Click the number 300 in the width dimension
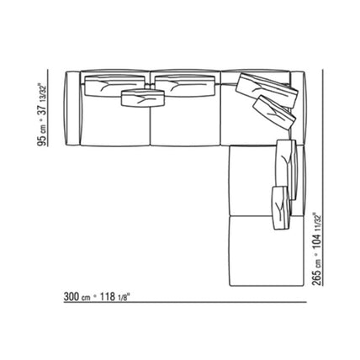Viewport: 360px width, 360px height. tap(71, 297)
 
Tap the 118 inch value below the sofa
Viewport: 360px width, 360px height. tap(108, 297)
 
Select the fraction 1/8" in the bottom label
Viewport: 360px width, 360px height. tap(124, 297)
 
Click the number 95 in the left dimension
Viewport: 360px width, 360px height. tap(42, 140)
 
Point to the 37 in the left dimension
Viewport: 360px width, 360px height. tap(42, 110)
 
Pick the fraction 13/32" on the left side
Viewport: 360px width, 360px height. tap(43, 93)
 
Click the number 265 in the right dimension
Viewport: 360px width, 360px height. tap(317, 278)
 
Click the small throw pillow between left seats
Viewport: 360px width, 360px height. tap(143, 98)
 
